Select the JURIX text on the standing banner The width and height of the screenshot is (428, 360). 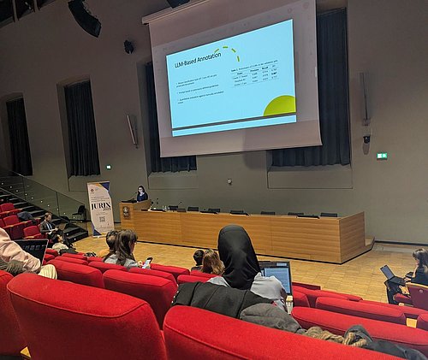[x=101, y=206]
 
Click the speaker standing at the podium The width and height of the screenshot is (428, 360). [x=140, y=194]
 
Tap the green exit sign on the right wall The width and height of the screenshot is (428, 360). [x=382, y=156]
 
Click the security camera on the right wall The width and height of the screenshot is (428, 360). [x=366, y=138]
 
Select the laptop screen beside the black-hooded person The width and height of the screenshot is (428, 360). [x=277, y=276]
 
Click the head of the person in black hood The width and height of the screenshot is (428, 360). [x=237, y=254]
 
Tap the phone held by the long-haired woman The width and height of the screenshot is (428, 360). [x=149, y=260]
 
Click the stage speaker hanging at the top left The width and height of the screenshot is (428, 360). [x=85, y=17]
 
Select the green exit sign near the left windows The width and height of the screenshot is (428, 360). [x=108, y=167]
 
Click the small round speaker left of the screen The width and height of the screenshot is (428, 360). [x=128, y=47]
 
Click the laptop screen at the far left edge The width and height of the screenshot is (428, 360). [x=33, y=248]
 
